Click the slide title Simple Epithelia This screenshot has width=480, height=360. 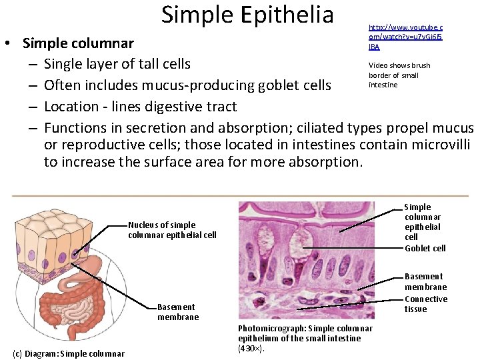[x=247, y=15]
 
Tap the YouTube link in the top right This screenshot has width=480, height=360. [x=405, y=37]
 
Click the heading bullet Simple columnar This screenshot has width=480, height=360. [x=78, y=43]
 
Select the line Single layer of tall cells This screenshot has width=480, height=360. [x=117, y=64]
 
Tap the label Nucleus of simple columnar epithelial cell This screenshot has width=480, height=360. [x=172, y=230]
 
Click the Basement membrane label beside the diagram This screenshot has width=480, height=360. [x=177, y=311]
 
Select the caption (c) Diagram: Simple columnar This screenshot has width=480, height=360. [x=68, y=353]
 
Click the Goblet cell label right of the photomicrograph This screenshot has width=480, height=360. [x=425, y=249]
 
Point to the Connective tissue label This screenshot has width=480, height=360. [x=425, y=304]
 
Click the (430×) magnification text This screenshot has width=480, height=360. [x=251, y=348]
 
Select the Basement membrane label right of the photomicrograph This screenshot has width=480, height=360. [x=425, y=281]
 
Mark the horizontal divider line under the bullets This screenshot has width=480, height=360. [x=240, y=194]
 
